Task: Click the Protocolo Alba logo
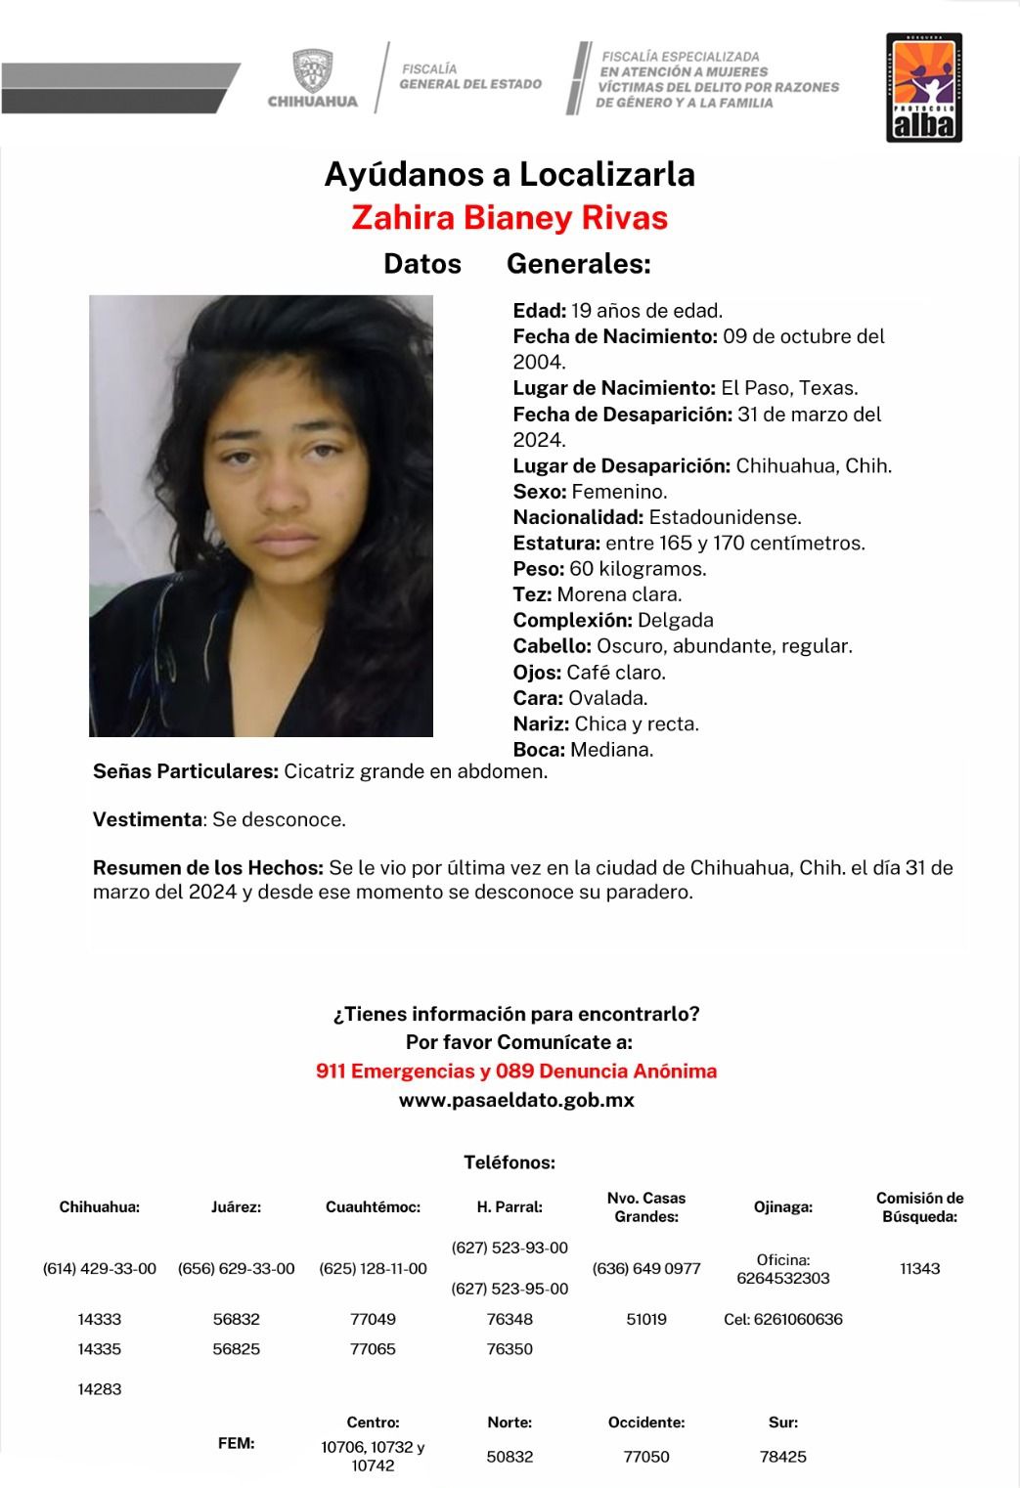[924, 88]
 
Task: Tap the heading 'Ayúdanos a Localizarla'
[510, 174]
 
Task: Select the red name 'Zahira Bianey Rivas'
[510, 217]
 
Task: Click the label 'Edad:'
[539, 311]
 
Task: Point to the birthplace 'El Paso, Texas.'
[789, 388]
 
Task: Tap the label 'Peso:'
[538, 569]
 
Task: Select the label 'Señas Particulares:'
[186, 771]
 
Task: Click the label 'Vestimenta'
[148, 819]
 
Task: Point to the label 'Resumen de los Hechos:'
[208, 867]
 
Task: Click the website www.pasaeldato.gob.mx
[516, 1100]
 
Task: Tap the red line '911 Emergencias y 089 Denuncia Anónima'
[516, 1072]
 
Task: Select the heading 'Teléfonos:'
[510, 1162]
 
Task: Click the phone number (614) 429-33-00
[100, 1269]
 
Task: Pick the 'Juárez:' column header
[237, 1207]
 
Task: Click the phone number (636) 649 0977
[646, 1269]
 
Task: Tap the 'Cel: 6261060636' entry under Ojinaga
[783, 1320]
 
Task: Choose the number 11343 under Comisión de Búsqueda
[919, 1269]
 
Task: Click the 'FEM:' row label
[237, 1443]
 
